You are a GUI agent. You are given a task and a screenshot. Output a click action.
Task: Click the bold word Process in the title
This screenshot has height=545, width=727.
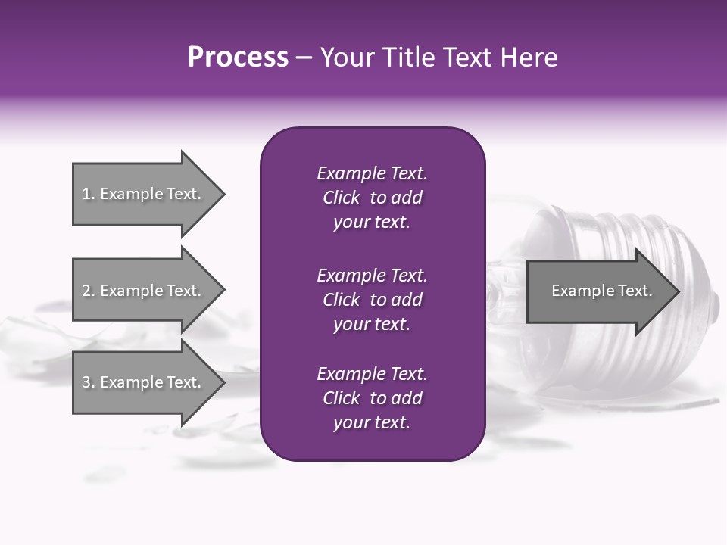238,58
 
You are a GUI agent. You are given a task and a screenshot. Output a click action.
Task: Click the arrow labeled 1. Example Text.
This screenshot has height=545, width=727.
144,194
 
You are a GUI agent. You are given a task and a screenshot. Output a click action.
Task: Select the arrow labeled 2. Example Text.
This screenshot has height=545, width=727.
144,291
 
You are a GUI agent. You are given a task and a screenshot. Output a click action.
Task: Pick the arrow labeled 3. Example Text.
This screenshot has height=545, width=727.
144,382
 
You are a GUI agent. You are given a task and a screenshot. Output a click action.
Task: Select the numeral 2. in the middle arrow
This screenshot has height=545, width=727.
88,291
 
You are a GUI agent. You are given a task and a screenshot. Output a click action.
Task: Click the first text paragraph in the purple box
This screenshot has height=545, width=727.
372,198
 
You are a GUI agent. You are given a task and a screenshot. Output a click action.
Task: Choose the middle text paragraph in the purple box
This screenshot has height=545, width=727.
372,300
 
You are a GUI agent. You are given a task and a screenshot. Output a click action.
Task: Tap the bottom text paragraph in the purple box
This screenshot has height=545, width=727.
372,398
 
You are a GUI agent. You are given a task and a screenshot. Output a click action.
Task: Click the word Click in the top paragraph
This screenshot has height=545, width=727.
341,198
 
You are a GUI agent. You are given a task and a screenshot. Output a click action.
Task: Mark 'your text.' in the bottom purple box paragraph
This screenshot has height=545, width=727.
372,422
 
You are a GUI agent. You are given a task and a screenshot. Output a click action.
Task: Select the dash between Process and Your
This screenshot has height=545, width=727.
304,58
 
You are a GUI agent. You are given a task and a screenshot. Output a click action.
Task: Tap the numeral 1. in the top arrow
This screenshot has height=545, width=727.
88,194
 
